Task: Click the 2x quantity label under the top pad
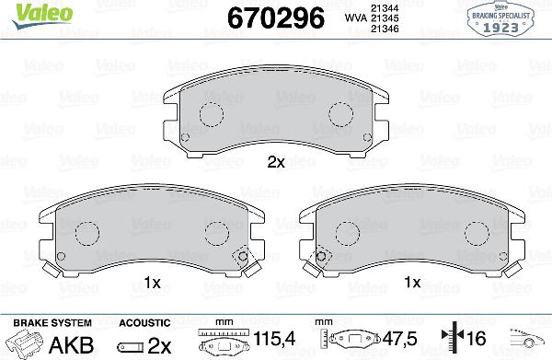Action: point(276,162)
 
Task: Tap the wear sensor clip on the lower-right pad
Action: point(320,259)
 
